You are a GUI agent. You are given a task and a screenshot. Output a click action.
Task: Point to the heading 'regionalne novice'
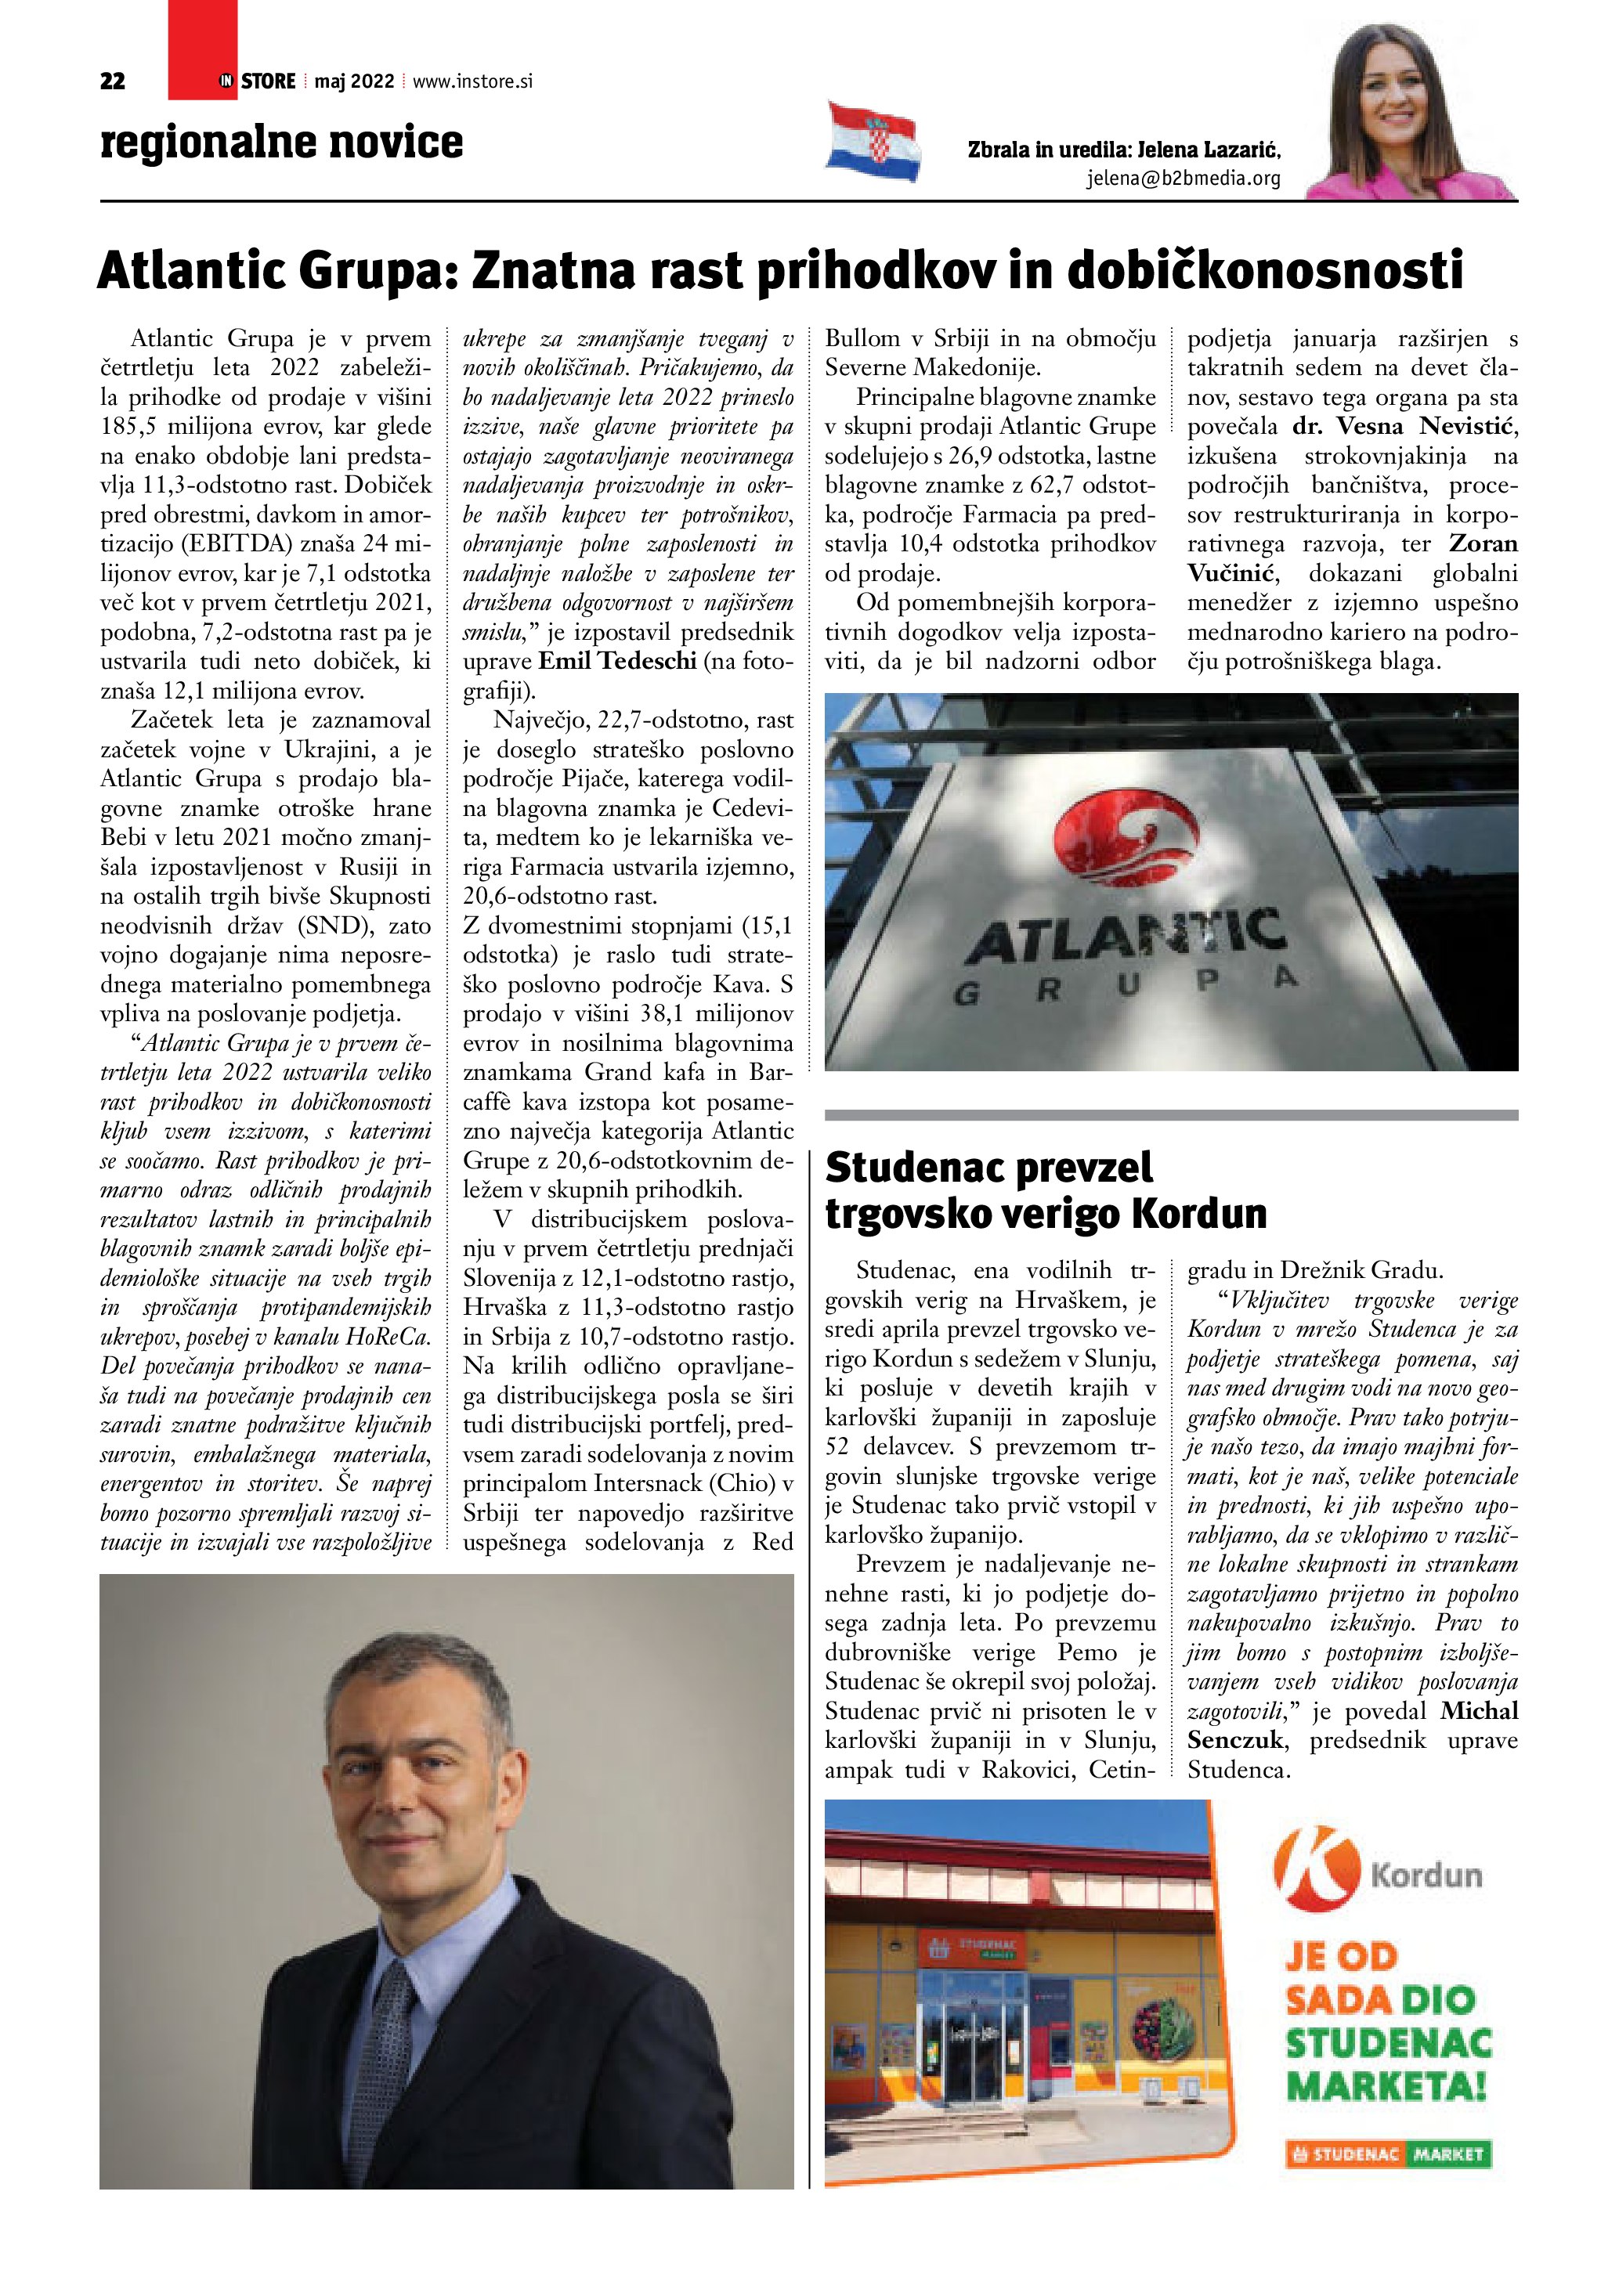(281, 143)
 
